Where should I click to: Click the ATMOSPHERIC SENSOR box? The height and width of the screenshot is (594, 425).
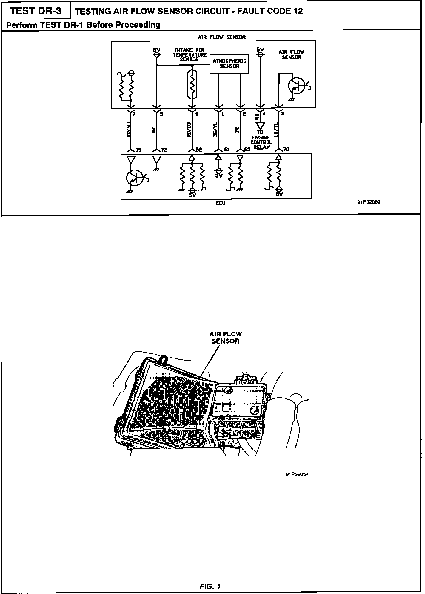tap(229, 64)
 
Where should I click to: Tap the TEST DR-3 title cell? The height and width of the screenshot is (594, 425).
tap(36, 11)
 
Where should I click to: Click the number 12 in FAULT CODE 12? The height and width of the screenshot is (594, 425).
tap(298, 11)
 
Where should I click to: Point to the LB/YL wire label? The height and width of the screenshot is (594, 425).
tap(276, 130)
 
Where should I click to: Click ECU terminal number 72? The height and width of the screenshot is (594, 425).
tap(164, 150)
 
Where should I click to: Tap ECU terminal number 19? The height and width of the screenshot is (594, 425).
tap(138, 150)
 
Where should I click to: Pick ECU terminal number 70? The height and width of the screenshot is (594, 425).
tap(286, 149)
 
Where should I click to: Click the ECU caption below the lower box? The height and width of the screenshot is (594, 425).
tap(221, 203)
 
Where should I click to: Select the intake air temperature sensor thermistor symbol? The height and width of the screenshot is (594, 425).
tap(193, 84)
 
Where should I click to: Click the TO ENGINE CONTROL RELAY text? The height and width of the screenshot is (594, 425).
tap(261, 140)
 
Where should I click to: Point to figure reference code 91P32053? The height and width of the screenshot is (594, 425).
tap(369, 202)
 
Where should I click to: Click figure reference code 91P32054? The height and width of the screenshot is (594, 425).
tap(297, 475)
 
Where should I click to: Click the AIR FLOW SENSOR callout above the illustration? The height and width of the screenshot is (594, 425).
tap(226, 338)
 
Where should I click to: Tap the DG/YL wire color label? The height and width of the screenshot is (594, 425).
tap(215, 130)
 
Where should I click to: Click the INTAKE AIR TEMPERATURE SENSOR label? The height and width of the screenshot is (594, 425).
tap(190, 55)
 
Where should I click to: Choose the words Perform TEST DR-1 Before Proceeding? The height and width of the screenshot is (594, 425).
tap(83, 25)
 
